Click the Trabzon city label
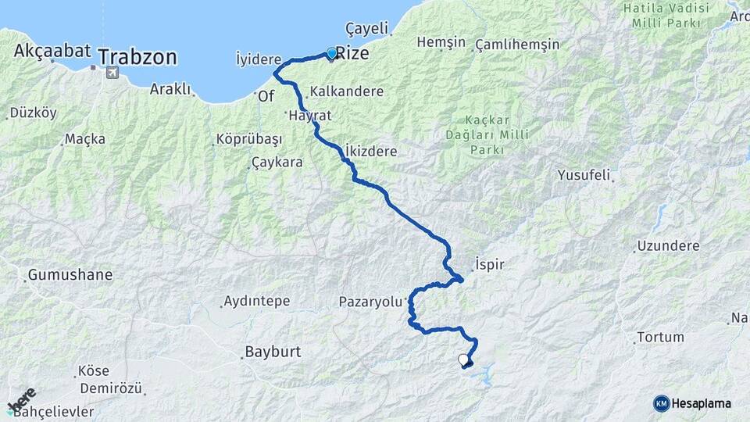tap(137, 57)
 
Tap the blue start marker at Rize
tap(331, 53)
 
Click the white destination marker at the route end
tap(464, 360)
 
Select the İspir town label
tap(490, 264)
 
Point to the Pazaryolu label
tap(370, 301)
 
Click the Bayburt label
tap(273, 352)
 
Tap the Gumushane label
tap(70, 275)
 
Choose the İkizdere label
tap(371, 151)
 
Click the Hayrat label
tap(310, 115)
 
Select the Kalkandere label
tap(347, 91)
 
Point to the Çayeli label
tap(366, 28)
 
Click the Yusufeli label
tap(584, 175)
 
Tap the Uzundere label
tap(668, 245)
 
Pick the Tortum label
tap(661, 338)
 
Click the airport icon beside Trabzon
tap(111, 73)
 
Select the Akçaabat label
tap(52, 51)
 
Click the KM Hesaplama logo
tap(692, 403)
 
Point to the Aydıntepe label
tap(256, 301)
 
